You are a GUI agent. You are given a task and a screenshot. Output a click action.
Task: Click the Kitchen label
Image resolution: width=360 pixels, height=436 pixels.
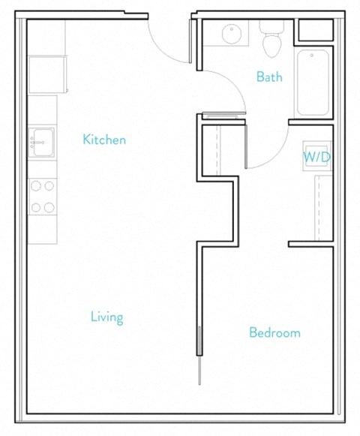point(104,140)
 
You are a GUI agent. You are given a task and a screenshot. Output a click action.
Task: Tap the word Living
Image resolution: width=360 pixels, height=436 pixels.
point(106,317)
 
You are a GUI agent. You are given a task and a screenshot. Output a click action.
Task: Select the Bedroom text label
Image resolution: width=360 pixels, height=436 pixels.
point(274,332)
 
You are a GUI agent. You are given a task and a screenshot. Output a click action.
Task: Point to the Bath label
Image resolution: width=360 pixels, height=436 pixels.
point(269,77)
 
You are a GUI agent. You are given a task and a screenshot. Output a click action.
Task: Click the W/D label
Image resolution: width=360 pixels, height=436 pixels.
point(316,158)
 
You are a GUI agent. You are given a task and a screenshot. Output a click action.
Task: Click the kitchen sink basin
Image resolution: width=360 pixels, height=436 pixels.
point(43,142)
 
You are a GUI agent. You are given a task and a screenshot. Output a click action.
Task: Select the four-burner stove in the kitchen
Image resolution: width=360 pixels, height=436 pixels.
point(43,197)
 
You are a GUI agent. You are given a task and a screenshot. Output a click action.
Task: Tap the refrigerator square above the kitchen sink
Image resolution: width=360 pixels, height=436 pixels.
point(44,74)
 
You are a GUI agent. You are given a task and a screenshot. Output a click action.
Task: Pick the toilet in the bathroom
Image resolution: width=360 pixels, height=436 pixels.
point(271,42)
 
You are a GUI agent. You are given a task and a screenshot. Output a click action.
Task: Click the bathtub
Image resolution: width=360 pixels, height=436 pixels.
point(313,83)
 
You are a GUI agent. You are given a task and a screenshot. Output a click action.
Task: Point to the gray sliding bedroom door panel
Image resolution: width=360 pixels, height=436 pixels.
point(199,341)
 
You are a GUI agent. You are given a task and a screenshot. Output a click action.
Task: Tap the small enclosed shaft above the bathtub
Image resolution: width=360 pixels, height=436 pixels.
point(313,31)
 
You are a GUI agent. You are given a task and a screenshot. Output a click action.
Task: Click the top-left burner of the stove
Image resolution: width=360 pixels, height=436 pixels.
point(36,185)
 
